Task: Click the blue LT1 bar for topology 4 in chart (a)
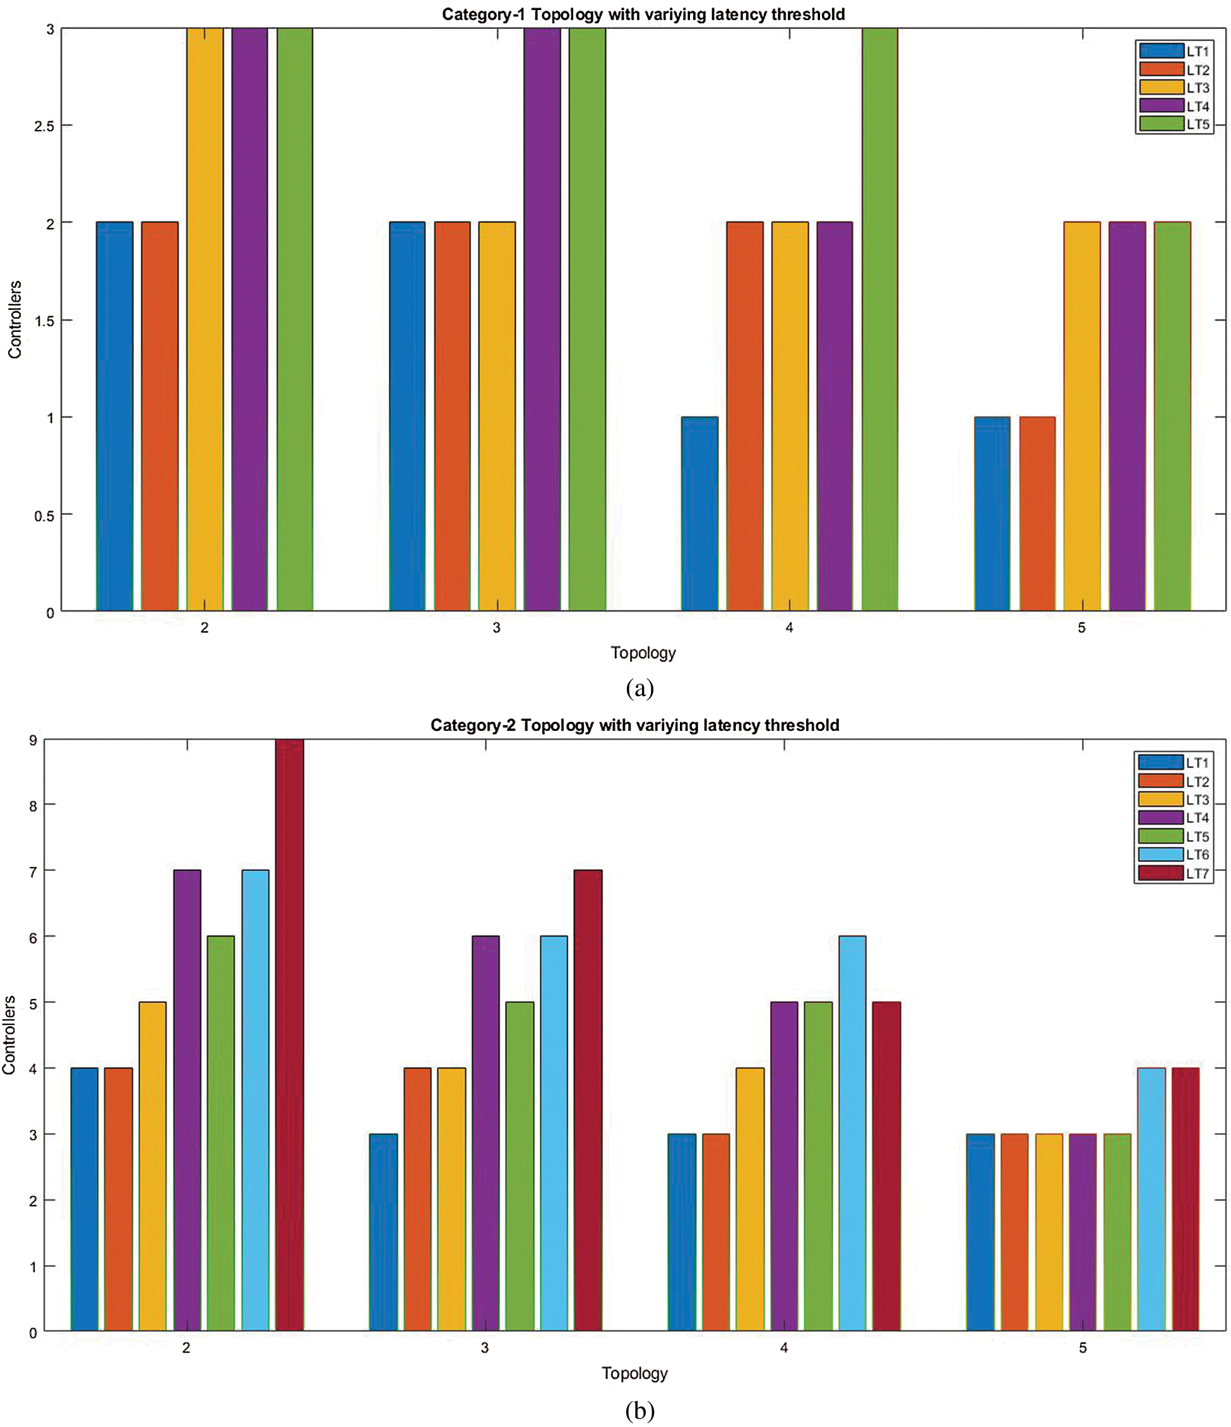tap(699, 514)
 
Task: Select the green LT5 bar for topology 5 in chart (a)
tap(1172, 416)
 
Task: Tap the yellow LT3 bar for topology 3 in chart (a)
tap(497, 416)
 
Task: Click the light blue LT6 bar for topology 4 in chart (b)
tap(852, 1133)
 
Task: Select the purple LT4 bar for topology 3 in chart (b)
tap(485, 1133)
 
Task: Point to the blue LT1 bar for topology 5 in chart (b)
tap(980, 1232)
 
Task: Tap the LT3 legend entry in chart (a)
tap(1175, 88)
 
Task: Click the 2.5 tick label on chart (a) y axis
tap(44, 126)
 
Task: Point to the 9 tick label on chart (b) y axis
tap(33, 740)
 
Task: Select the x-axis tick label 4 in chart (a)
tap(788, 627)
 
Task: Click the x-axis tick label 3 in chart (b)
tap(485, 1348)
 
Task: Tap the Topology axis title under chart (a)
tap(643, 653)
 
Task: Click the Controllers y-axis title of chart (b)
tap(9, 1034)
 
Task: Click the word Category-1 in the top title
tap(484, 15)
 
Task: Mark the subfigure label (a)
tap(639, 688)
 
